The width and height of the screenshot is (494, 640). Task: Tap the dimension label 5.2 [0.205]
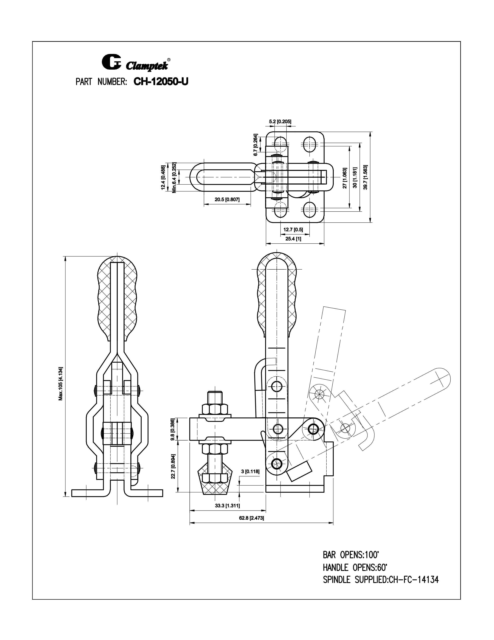[x=280, y=121]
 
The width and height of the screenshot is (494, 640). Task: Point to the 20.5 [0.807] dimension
[x=227, y=200]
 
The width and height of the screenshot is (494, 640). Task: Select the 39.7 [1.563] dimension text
[x=366, y=177]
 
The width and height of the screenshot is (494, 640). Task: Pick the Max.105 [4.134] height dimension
[x=61, y=383]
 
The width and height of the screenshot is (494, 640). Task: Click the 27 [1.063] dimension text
[x=345, y=178]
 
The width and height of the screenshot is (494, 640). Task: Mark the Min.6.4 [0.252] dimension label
[x=174, y=178]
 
